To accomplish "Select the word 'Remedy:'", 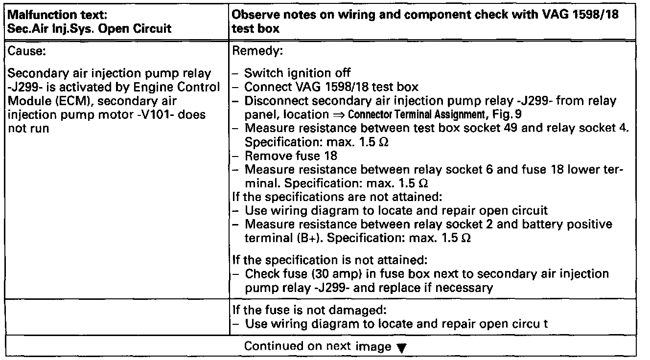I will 255,50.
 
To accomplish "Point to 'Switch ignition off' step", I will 298,73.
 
